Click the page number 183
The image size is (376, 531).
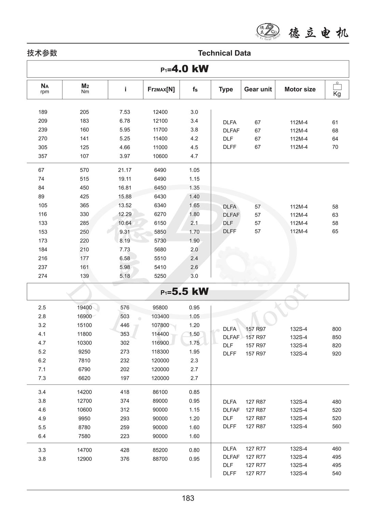click(x=188, y=498)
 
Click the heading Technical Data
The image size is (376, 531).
click(x=224, y=53)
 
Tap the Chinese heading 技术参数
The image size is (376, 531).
click(x=42, y=53)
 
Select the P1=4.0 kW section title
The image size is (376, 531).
click(x=185, y=69)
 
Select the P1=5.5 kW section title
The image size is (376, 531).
click(x=185, y=292)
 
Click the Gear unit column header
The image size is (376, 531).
click(x=258, y=89)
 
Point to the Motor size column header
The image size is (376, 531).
click(x=300, y=89)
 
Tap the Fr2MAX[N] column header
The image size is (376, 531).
click(x=161, y=89)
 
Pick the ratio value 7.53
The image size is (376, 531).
click(x=125, y=112)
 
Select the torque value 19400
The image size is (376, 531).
click(x=84, y=307)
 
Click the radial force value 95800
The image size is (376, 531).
click(x=160, y=307)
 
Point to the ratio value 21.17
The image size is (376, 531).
click(x=125, y=170)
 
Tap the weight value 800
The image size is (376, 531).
click(x=336, y=329)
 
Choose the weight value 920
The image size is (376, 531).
click(x=336, y=354)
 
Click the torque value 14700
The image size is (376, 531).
click(x=84, y=450)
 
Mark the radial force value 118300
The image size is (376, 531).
click(x=160, y=352)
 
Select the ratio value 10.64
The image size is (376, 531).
click(x=125, y=223)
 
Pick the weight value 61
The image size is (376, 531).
click(x=335, y=122)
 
